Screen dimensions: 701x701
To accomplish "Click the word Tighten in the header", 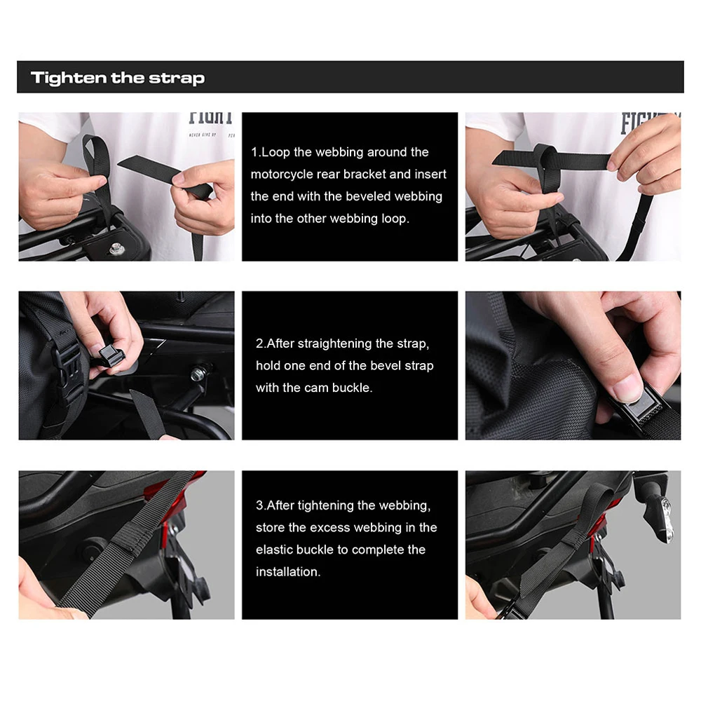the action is (x=69, y=78).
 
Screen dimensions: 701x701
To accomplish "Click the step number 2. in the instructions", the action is (x=261, y=343).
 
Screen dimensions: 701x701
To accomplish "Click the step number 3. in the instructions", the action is (x=261, y=505).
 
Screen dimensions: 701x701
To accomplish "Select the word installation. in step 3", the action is (x=288, y=572).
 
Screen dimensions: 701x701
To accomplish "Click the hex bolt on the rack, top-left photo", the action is (x=116, y=248).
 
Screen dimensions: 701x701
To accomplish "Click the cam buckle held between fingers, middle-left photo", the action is (x=109, y=355).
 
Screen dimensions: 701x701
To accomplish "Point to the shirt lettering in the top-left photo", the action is (x=211, y=118).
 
